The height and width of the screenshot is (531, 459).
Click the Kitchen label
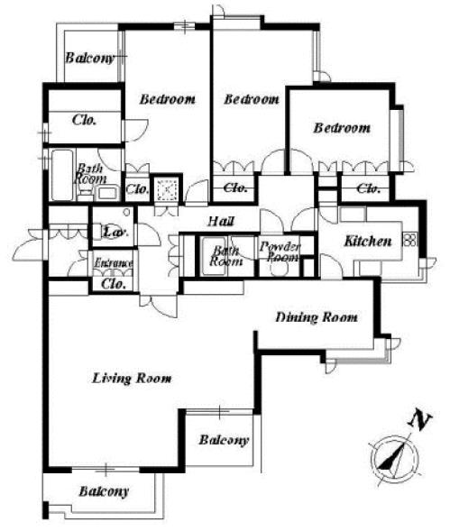tap(368, 241)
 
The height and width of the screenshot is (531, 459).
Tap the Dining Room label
tap(317, 317)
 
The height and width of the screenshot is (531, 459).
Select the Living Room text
tap(132, 378)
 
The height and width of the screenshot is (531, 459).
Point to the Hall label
tap(221, 221)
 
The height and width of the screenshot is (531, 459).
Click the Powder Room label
tap(280, 252)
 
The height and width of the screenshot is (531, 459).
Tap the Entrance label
tap(113, 262)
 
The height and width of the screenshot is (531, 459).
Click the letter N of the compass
tap(420, 420)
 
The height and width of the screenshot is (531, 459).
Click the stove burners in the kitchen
tap(410, 240)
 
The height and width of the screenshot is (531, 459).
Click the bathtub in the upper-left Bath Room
tap(62, 175)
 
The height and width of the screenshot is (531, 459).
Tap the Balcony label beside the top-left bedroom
tap(90, 58)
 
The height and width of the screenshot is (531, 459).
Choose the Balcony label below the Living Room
tap(104, 491)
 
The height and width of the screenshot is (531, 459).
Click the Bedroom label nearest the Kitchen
tap(342, 128)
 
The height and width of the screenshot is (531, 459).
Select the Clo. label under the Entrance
tap(114, 284)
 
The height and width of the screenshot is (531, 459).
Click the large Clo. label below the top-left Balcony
tap(85, 120)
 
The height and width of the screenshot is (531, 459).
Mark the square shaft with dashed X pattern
tap(167, 189)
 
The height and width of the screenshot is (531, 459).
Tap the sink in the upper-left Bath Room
tap(106, 193)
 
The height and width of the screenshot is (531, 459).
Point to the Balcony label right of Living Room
tap(224, 440)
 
